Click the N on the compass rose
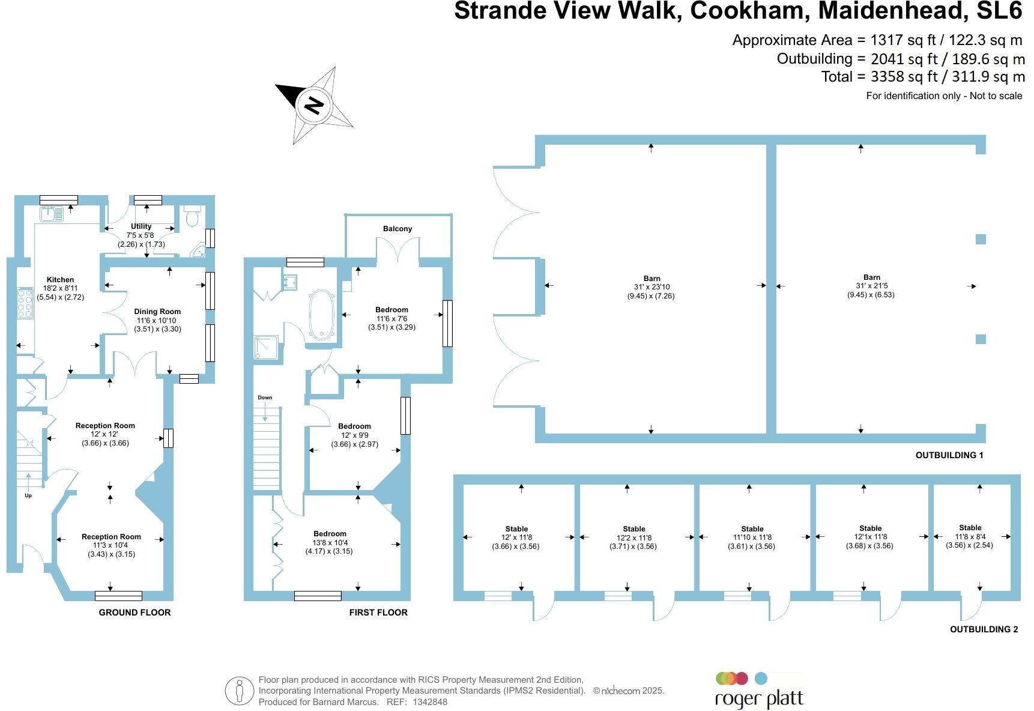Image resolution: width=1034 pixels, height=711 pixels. [x=313, y=104]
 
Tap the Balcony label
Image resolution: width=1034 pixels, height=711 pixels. [x=398, y=229]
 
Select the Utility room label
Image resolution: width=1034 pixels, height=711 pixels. [x=141, y=226]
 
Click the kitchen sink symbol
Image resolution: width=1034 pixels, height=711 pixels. [x=52, y=213]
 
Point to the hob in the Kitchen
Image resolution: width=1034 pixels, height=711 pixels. [x=25, y=302]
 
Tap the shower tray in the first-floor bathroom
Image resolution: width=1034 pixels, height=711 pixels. [x=267, y=348]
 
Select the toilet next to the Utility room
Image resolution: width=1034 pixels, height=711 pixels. [x=192, y=216]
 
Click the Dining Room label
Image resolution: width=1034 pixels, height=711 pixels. [x=157, y=312]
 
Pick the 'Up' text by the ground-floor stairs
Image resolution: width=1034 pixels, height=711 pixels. [x=28, y=495]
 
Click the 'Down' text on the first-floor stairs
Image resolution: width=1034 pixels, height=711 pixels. [x=265, y=398]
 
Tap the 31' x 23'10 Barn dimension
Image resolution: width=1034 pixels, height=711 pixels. [x=652, y=287]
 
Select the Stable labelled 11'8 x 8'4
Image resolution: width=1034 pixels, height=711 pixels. [x=970, y=536]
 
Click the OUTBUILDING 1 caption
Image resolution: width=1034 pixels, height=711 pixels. [x=949, y=455]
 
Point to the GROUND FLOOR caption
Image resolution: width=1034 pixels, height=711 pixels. [x=135, y=613]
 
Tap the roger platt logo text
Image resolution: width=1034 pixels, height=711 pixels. [x=758, y=699]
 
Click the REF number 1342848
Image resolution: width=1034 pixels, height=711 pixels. [x=430, y=702]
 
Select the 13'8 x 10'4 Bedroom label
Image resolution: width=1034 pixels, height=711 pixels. [x=330, y=542]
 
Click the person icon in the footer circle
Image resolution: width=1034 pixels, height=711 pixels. [x=240, y=691]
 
